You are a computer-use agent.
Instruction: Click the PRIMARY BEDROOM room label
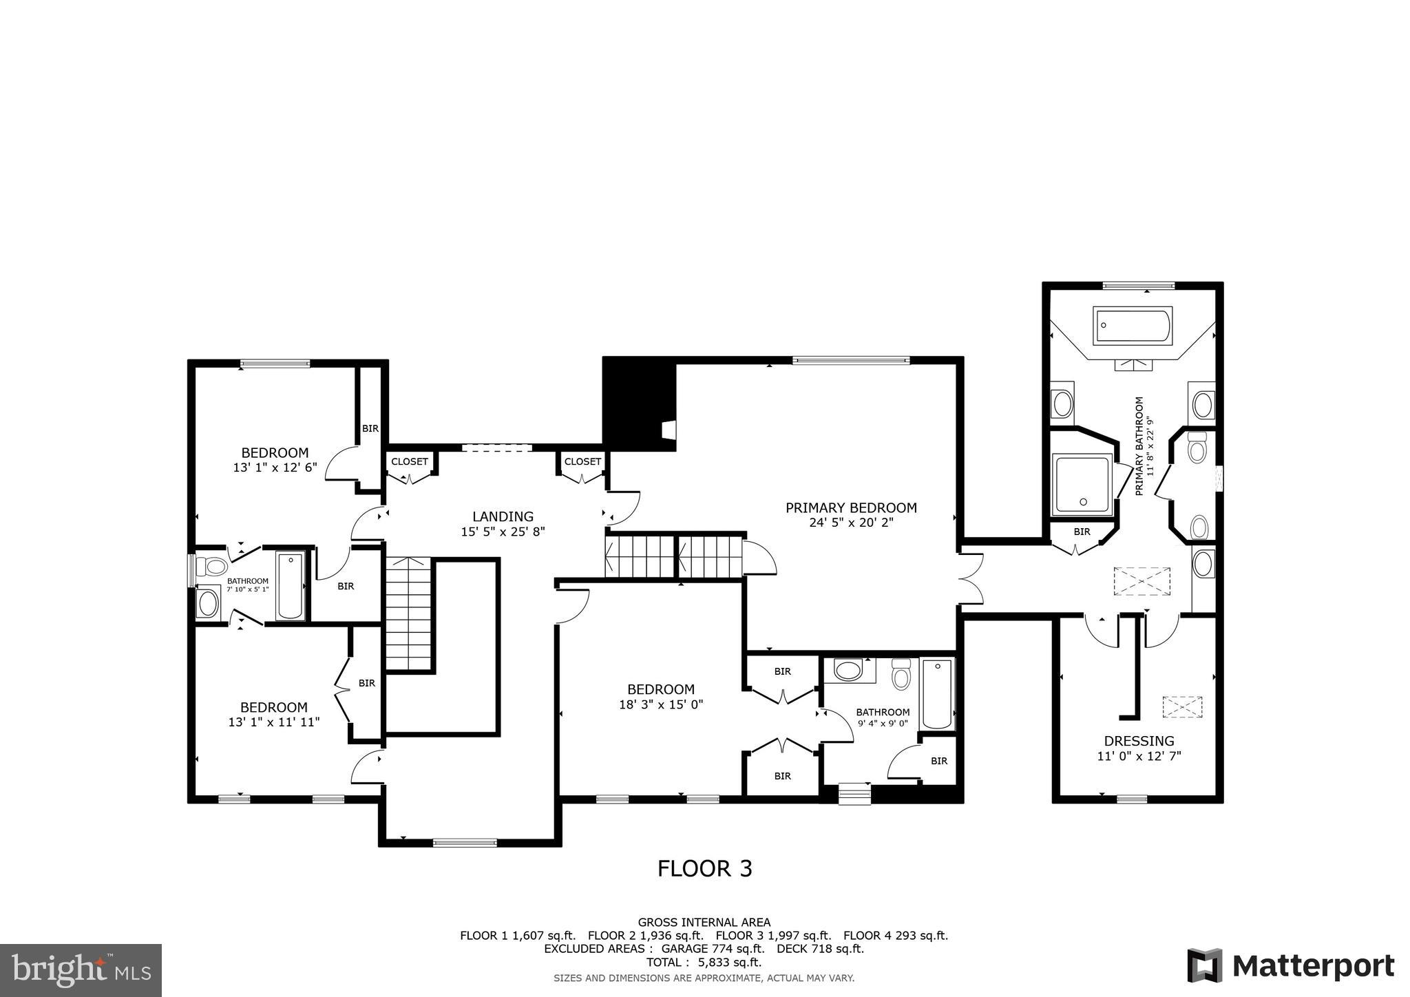[x=851, y=508]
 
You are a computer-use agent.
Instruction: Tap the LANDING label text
[x=503, y=516]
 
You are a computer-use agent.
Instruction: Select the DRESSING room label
[x=1139, y=741]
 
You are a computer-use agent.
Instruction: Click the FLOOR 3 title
[x=704, y=868]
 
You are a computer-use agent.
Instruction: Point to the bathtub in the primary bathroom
[x=1132, y=326]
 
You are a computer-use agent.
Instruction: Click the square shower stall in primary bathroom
[x=1082, y=484]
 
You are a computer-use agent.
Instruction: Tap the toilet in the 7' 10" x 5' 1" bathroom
[x=212, y=567]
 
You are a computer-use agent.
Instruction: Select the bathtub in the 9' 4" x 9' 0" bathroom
[x=937, y=694]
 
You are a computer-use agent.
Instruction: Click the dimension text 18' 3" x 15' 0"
[x=661, y=704]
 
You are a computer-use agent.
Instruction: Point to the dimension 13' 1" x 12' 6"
[x=275, y=467]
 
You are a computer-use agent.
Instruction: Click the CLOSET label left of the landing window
[x=410, y=461]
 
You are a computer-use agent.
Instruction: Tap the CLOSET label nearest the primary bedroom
[x=582, y=461]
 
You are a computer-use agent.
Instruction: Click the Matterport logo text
[x=1312, y=965]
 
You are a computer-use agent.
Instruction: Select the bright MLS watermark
[x=81, y=970]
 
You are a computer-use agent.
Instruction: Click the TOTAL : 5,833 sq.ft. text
[x=704, y=962]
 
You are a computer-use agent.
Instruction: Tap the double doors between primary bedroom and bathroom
[x=971, y=579]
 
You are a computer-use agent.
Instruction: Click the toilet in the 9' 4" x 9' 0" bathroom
[x=901, y=675]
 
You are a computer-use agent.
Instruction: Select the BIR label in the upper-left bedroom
[x=370, y=428]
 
